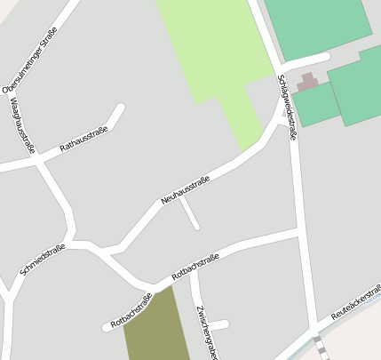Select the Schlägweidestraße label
pos(284,100)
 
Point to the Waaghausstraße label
pos(21,124)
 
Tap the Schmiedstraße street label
pos(42,259)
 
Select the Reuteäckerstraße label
pos(355,302)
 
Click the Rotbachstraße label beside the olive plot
pos(131,310)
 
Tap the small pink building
pos(307,83)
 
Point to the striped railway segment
pos(318,348)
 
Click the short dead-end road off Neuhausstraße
pos(189,213)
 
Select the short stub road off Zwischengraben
pos(218,324)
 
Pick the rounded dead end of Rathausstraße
pos(119,109)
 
